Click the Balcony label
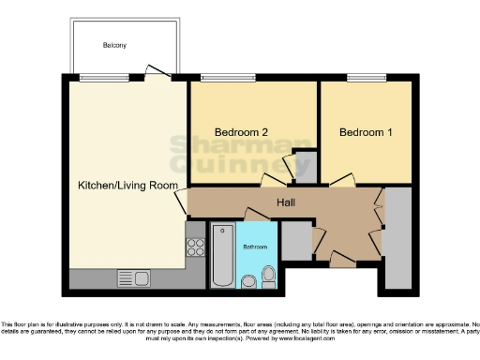pos(115,45)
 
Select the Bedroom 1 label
pos(366,133)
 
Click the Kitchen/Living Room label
pos(127,186)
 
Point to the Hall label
pos(287,202)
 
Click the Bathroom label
pos(255,247)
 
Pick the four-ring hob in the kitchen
pos(197,247)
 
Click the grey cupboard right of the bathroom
pos(295,240)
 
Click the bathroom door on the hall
pos(258,215)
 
